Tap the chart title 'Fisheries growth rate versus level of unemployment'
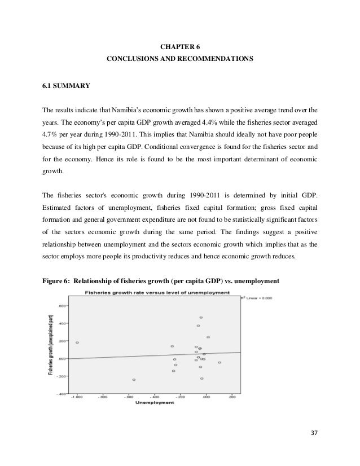(157, 292)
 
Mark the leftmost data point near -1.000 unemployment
(77, 342)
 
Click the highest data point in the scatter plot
(201, 318)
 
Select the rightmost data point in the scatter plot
(219, 362)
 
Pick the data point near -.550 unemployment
(134, 380)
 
